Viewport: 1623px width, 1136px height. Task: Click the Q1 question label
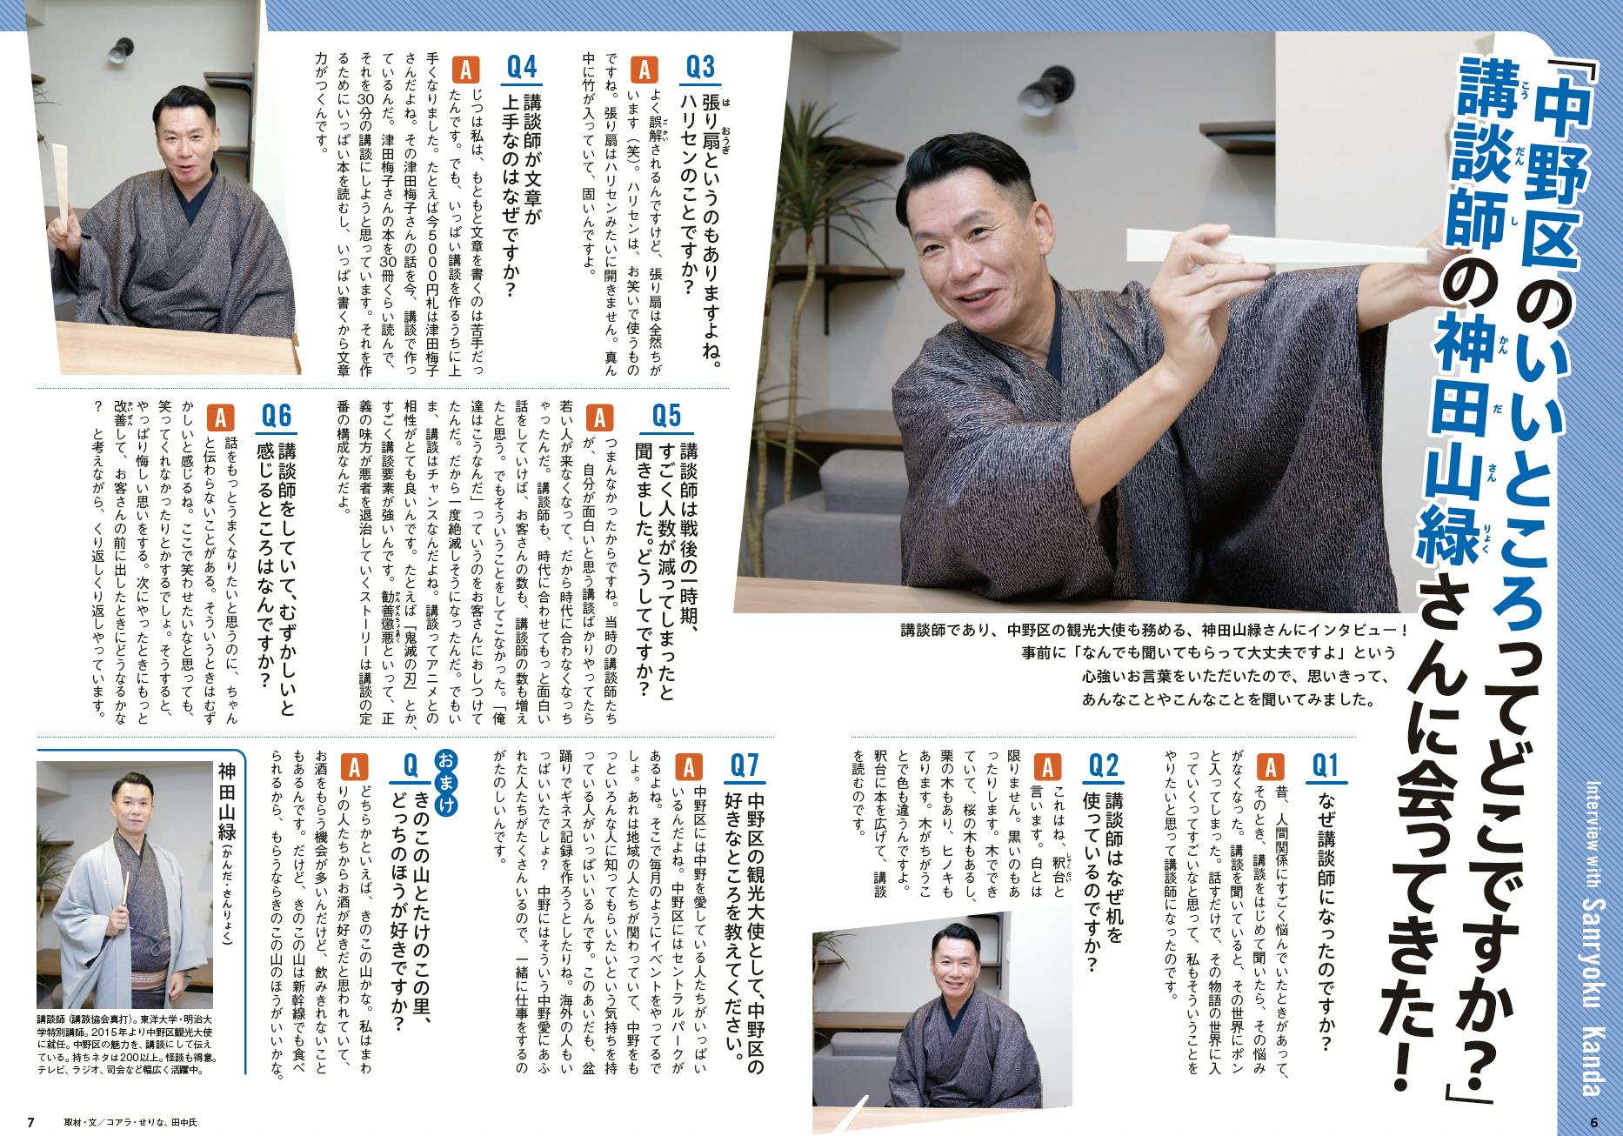pyautogui.click(x=1326, y=766)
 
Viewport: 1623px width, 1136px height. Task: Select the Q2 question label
pyautogui.click(x=1105, y=766)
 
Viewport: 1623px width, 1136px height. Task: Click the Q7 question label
pyautogui.click(x=745, y=766)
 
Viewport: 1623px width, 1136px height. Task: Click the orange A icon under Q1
pyautogui.click(x=1271, y=766)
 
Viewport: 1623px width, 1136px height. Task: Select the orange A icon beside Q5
pyautogui.click(x=598, y=418)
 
